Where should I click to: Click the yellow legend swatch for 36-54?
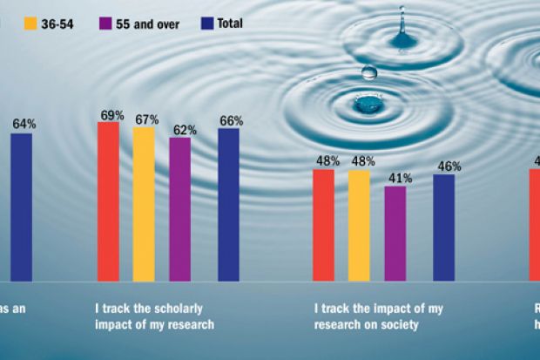32,24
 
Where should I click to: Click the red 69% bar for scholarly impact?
108,201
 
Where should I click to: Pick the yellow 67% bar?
144,204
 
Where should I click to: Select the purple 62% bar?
179,209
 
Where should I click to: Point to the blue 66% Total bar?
228,205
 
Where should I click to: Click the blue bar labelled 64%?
21,207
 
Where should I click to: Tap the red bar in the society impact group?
323,225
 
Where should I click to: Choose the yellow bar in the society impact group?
358,225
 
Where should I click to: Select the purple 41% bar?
395,233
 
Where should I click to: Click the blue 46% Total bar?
443,228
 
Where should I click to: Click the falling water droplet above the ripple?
369,73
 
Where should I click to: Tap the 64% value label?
24,125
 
